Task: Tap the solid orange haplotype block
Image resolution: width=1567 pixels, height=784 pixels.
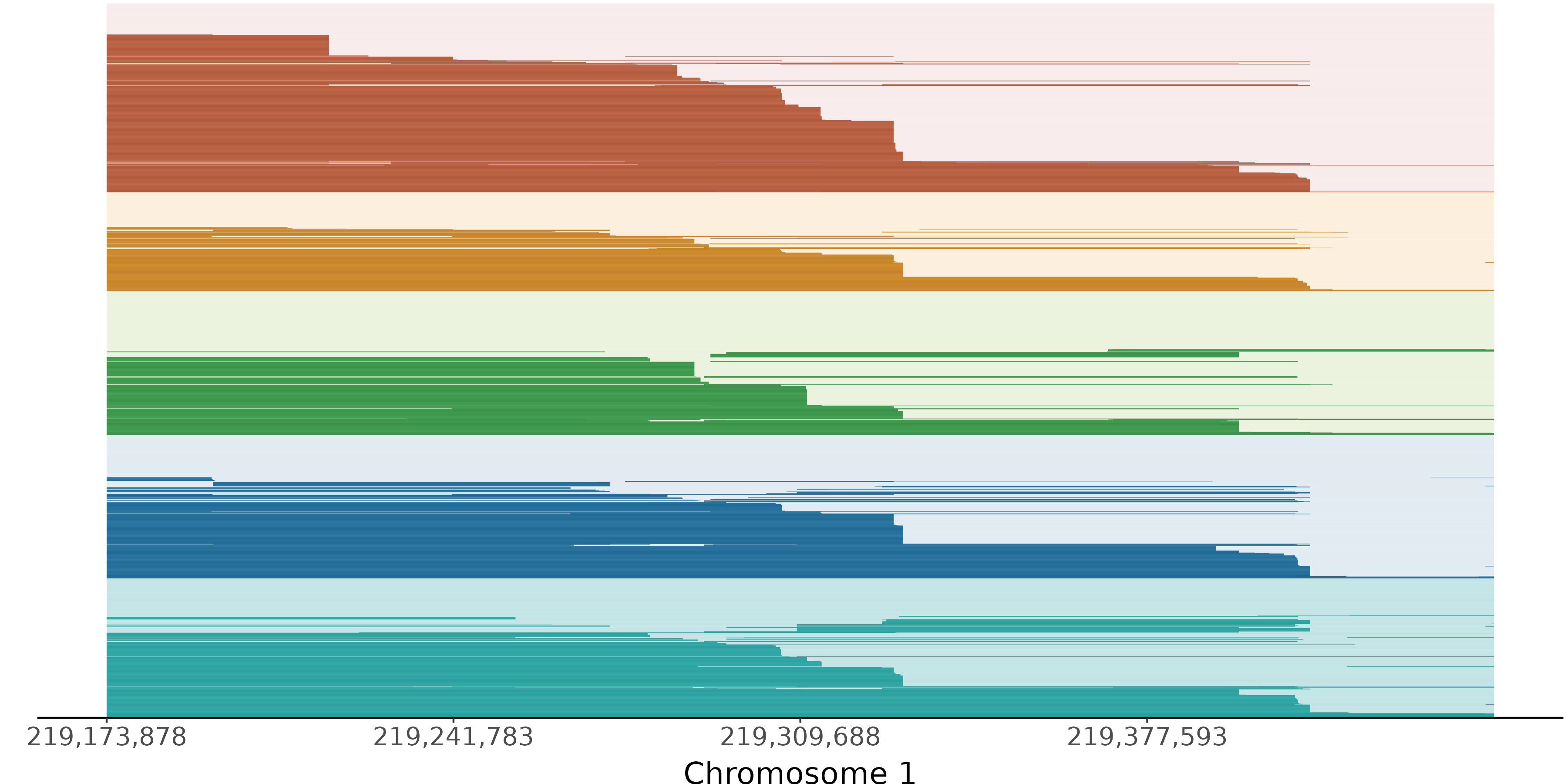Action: pos(426,271)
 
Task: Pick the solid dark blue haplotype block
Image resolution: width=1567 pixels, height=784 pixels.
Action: pos(426,536)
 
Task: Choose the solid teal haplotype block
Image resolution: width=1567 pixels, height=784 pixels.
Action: pos(426,676)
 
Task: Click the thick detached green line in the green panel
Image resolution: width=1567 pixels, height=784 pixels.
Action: pos(973,354)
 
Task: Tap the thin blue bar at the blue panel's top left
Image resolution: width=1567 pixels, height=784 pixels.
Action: pos(158,479)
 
